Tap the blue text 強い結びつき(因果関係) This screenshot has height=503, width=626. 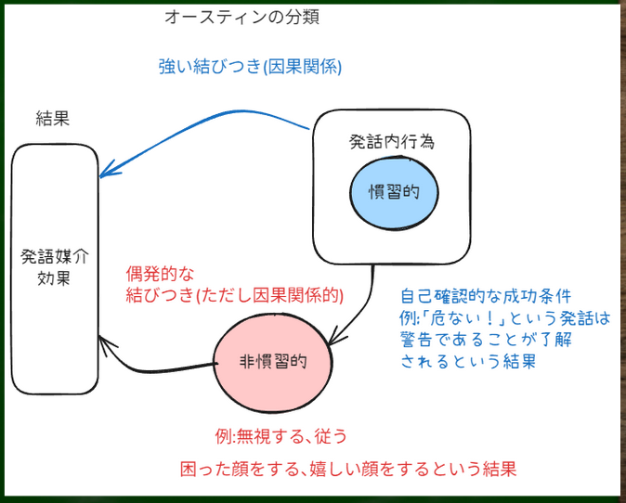point(250,67)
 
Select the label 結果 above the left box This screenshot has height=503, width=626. point(53,118)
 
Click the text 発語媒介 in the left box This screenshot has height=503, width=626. point(54,257)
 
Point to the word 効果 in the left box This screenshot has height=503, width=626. point(54,277)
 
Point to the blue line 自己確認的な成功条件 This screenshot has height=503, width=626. point(486,297)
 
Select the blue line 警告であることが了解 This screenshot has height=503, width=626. point(486,340)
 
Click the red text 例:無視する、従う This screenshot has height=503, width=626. point(280,434)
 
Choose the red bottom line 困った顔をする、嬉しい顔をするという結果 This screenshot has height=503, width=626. point(347,470)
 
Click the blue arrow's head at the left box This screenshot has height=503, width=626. point(104,172)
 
